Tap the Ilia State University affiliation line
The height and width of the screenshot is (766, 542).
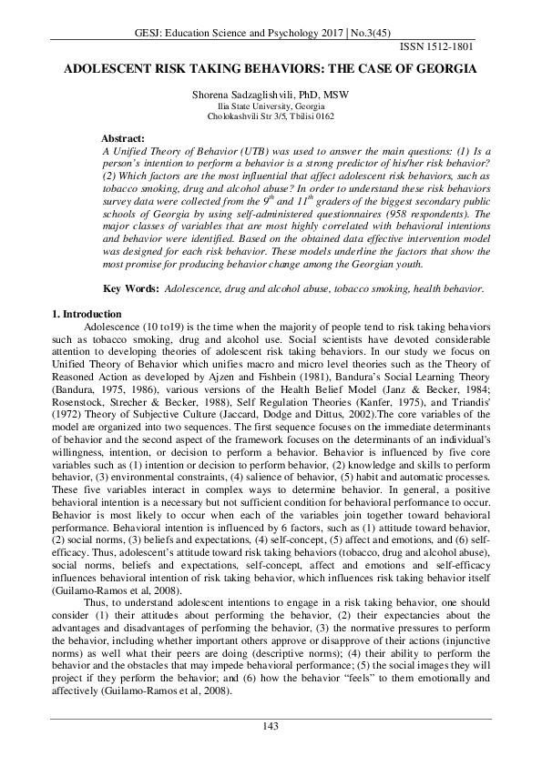pos(271,107)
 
